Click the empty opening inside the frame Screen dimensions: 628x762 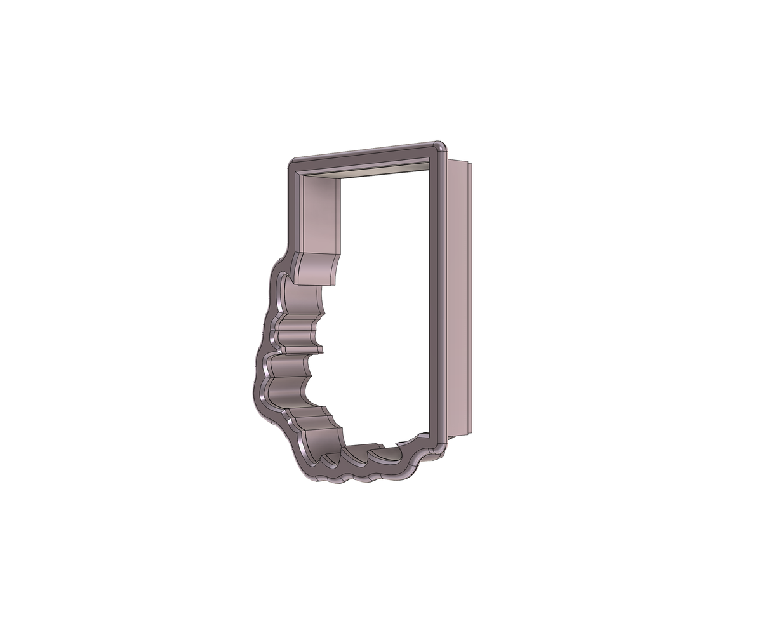[x=381, y=305]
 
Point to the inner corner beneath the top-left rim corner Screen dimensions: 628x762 [x=300, y=178]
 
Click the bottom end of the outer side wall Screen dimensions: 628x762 [x=458, y=436]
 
